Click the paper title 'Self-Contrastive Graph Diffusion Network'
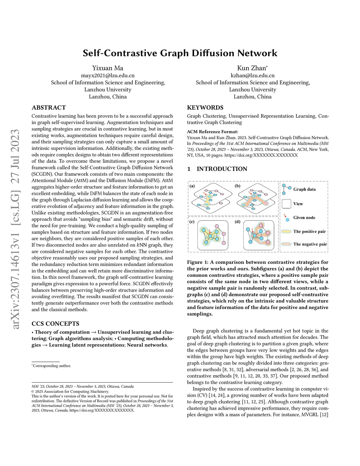click(x=180, y=53)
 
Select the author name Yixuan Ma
click(x=108, y=68)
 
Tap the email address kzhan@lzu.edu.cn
click(x=252, y=75)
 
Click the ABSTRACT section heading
click(x=49, y=108)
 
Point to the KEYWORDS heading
click(x=205, y=108)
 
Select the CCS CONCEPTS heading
click(x=55, y=324)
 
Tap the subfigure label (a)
click(x=192, y=186)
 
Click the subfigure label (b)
click(x=238, y=186)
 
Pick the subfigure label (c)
click(x=192, y=222)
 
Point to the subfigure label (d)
click(x=238, y=222)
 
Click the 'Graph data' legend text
click(x=304, y=189)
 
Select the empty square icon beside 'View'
click(x=287, y=204)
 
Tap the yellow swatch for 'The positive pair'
click(x=287, y=231)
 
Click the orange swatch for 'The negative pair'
click(x=287, y=244)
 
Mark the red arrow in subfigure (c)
click(x=210, y=231)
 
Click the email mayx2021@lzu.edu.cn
click(x=108, y=75)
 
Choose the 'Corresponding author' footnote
click(x=52, y=366)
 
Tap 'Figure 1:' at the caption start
click(x=195, y=262)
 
